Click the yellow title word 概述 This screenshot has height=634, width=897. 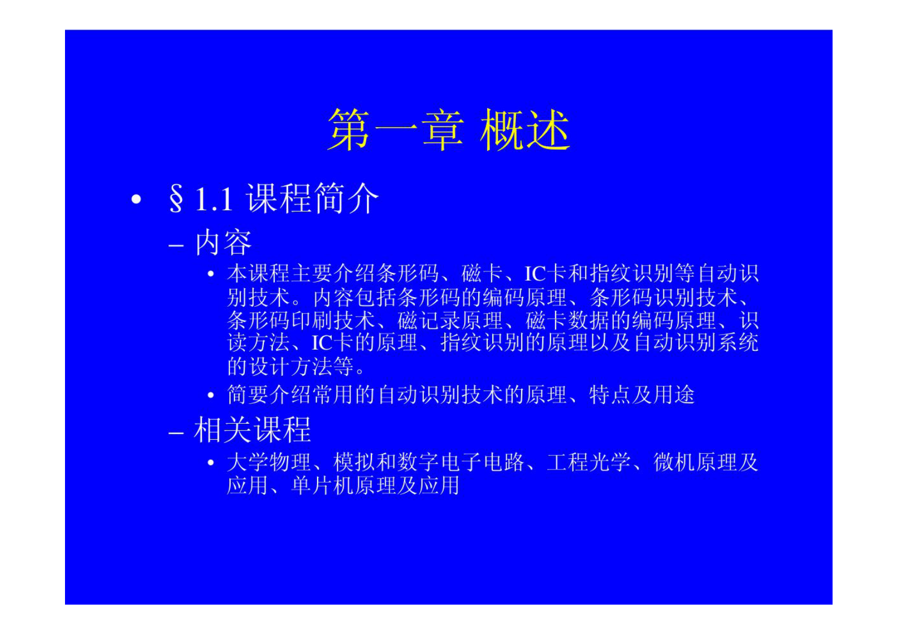tap(524, 130)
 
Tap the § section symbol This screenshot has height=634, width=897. tap(176, 199)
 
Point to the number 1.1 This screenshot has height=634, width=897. tap(214, 199)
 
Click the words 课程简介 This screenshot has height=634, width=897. tap(312, 198)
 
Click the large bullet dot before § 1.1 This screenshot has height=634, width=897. tap(136, 199)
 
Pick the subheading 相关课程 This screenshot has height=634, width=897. tap(253, 430)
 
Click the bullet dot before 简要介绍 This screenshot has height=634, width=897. tap(211, 396)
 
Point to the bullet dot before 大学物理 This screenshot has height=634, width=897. tap(211, 463)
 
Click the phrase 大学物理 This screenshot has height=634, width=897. tap(269, 462)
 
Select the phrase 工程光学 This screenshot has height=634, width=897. tap(588, 462)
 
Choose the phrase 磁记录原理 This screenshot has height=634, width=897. tap(450, 320)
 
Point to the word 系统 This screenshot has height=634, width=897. tap(738, 342)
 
